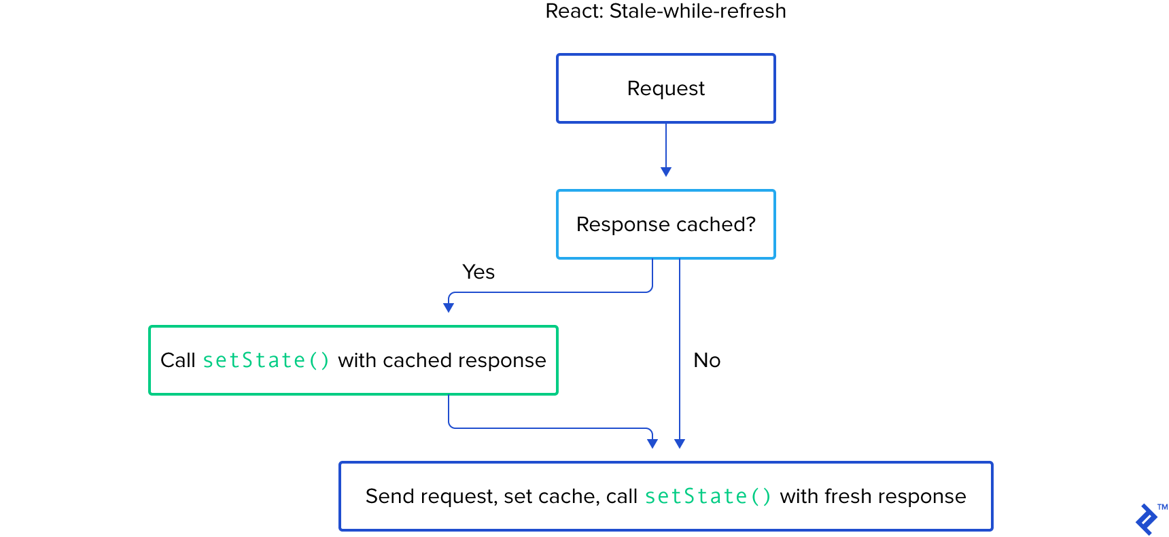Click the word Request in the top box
point(665,88)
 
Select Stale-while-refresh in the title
point(697,12)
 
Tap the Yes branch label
point(478,272)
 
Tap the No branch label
point(707,360)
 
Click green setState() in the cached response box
point(266,360)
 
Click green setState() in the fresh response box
point(708,496)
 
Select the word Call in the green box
point(177,360)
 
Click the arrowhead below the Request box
point(666,171)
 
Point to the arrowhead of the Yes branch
point(449,307)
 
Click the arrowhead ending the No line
point(680,443)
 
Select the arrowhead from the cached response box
point(652,443)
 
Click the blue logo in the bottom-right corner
point(1147,519)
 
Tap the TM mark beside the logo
point(1162,507)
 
